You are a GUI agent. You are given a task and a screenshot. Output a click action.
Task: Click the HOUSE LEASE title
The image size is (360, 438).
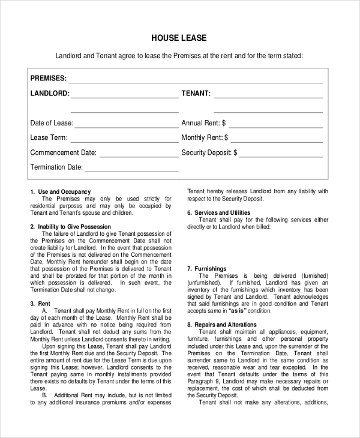179,38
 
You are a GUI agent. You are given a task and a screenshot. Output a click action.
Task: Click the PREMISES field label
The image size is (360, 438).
49,79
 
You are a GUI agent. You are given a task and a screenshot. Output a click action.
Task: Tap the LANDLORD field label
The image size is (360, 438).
50,94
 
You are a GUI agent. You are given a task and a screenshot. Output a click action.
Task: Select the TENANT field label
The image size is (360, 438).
196,94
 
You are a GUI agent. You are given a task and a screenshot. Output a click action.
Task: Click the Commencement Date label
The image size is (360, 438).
64,153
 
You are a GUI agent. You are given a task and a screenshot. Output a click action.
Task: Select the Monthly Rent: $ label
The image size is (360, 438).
204,138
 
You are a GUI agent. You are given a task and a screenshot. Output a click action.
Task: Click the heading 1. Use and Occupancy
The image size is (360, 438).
60,191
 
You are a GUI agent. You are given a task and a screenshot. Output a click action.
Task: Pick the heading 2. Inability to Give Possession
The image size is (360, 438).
70,227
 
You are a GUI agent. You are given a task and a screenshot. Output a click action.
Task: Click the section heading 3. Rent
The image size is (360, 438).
40,304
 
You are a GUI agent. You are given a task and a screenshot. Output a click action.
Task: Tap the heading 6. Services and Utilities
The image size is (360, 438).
218,213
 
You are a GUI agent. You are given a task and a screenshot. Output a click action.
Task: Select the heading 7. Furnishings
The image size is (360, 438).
206,269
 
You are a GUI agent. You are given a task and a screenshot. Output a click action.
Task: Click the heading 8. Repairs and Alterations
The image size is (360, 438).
221,325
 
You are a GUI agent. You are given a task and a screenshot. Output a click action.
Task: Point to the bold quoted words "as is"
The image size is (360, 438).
236,311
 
